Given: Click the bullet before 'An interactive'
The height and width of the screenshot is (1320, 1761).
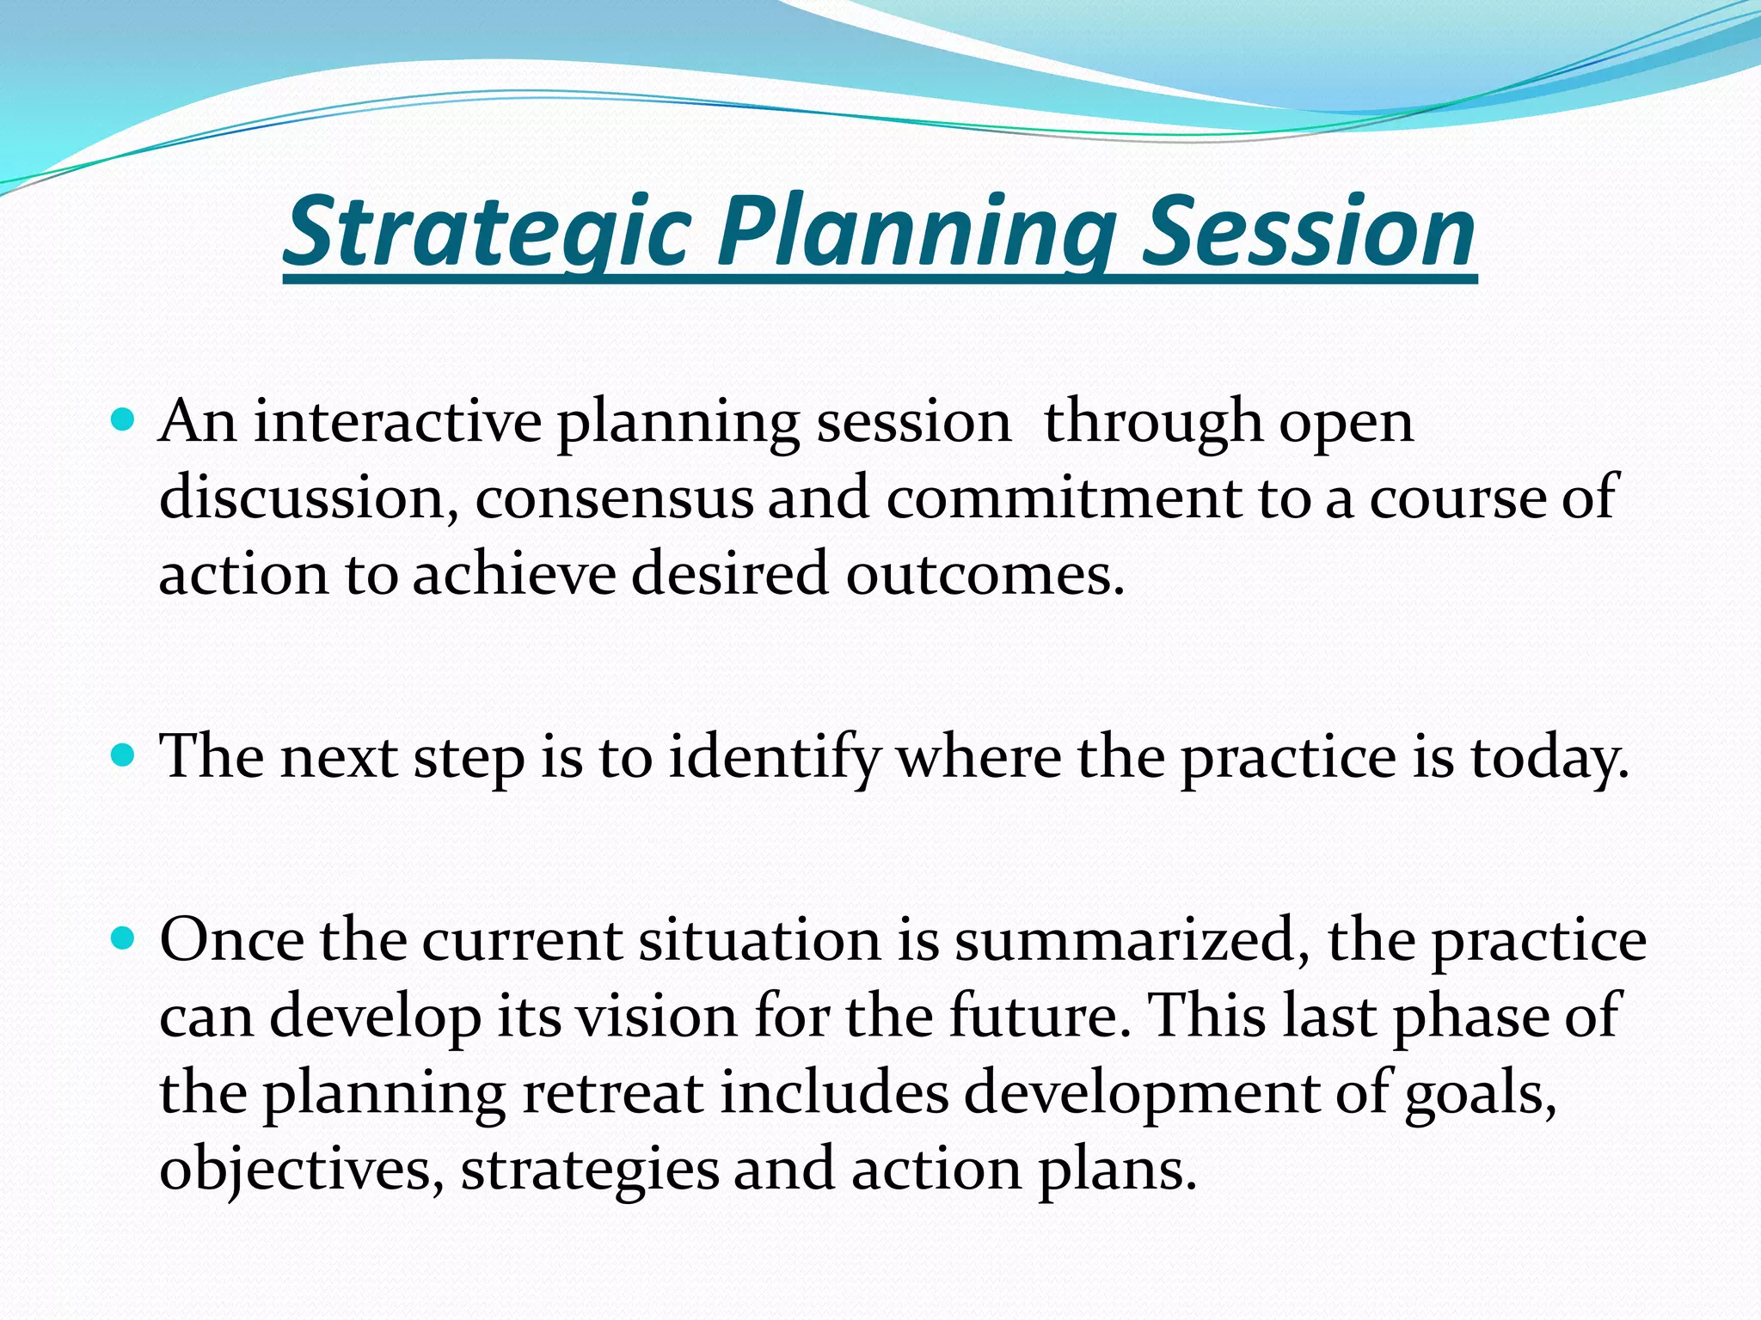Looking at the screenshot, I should (x=125, y=421).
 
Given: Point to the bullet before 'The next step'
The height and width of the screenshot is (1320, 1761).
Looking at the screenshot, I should (x=125, y=756).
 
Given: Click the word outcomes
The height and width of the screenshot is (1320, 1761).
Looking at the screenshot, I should (x=985, y=574).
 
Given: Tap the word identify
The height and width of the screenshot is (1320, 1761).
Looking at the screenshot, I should (x=775, y=758).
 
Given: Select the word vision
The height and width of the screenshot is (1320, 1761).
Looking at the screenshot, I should (x=655, y=1016).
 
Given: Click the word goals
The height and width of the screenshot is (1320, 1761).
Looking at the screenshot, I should (x=1480, y=1094).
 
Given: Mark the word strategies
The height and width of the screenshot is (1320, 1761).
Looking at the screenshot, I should (x=589, y=1170).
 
